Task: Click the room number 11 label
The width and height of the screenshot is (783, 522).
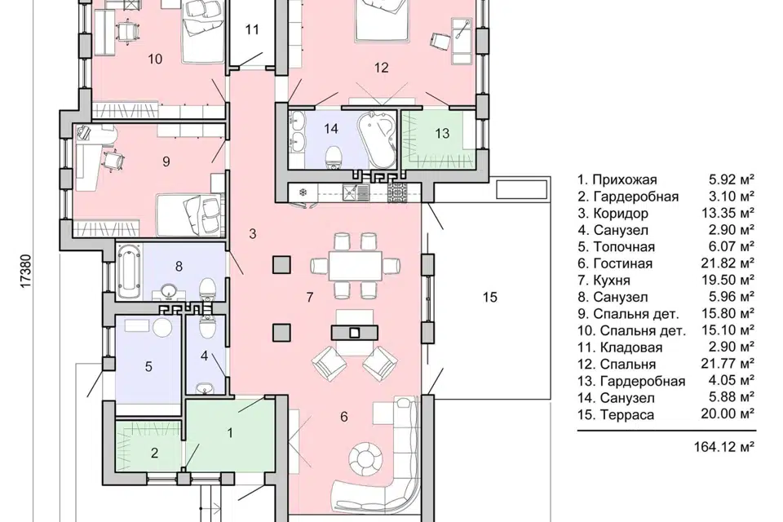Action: (x=252, y=29)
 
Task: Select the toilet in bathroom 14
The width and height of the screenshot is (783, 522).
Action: (x=332, y=157)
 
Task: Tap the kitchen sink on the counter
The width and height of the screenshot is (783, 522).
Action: (x=356, y=192)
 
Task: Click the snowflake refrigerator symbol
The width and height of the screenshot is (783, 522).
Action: (x=303, y=192)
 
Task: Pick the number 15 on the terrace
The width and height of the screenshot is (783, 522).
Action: (x=490, y=297)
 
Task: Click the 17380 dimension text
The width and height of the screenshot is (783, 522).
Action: (x=26, y=272)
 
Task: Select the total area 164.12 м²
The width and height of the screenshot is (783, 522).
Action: (x=723, y=447)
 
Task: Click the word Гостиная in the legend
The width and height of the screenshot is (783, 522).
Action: (x=622, y=263)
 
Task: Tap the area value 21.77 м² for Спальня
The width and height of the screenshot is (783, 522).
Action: (x=727, y=363)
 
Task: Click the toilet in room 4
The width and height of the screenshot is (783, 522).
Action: (x=206, y=326)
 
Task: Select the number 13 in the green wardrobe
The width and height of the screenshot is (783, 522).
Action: (x=442, y=134)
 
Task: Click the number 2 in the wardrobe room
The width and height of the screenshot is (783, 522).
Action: (x=154, y=453)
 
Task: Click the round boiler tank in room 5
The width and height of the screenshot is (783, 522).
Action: (x=162, y=328)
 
